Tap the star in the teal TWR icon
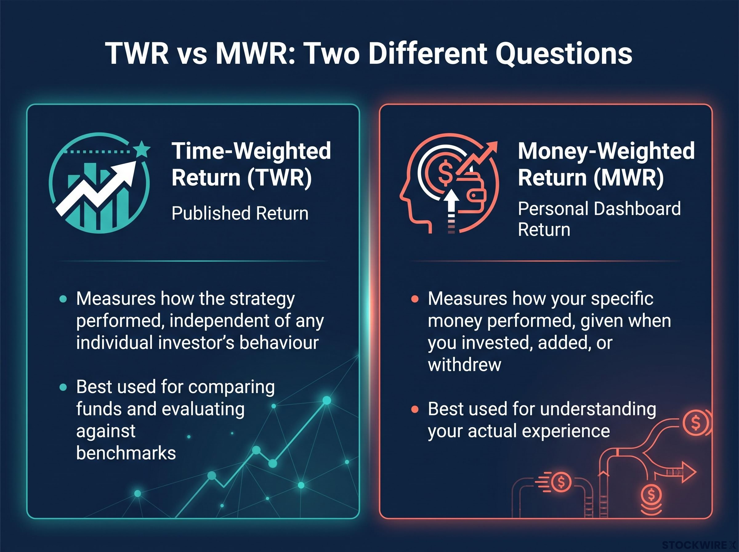pyautogui.click(x=142, y=149)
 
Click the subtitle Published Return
pyautogui.click(x=240, y=213)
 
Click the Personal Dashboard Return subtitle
pyautogui.click(x=600, y=219)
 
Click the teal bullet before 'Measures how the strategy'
pyautogui.click(x=63, y=298)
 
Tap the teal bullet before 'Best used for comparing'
pyautogui.click(x=63, y=387)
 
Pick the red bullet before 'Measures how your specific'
pyautogui.click(x=415, y=298)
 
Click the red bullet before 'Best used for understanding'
pyautogui.click(x=415, y=409)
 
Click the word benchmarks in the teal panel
pyautogui.click(x=126, y=453)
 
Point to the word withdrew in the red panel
pyautogui.click(x=465, y=364)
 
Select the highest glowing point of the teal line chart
pyautogui.click(x=327, y=400)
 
